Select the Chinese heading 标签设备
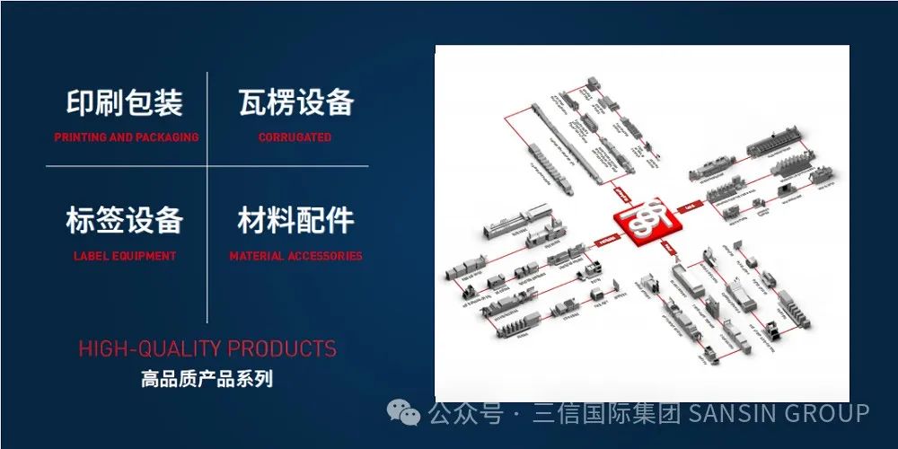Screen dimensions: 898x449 click(125, 221)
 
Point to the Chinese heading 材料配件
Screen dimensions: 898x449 click(295, 221)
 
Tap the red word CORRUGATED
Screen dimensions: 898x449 click(295, 137)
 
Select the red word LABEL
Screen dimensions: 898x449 click(90, 256)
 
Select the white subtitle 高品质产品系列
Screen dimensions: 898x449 click(207, 379)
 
